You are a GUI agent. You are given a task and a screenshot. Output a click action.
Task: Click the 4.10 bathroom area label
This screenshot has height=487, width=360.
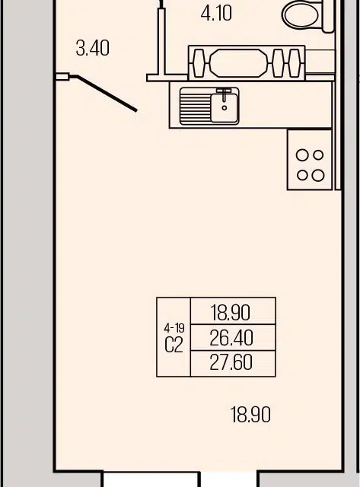[x=216, y=14]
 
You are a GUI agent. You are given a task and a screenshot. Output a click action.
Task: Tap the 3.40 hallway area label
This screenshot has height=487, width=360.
[x=93, y=49]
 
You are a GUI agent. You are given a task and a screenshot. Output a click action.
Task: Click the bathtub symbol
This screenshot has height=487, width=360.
[x=247, y=63]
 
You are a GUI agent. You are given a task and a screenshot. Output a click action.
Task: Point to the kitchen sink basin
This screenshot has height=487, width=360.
[x=225, y=107]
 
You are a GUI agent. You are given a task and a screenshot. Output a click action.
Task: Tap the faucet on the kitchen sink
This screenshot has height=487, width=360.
[x=225, y=94]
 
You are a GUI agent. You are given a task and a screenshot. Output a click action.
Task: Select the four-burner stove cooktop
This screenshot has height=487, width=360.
[x=310, y=160]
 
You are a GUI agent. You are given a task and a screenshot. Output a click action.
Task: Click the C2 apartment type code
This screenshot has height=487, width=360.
[x=174, y=345]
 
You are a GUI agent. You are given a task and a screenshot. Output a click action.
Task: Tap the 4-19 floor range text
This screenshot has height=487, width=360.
[x=174, y=328]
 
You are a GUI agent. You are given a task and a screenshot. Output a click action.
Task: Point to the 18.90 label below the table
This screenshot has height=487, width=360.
[x=250, y=415]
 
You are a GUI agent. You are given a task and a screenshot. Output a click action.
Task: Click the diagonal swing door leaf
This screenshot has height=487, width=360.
[x=107, y=93]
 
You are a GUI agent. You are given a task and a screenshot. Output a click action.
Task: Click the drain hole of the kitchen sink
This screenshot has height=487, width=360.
[x=225, y=108]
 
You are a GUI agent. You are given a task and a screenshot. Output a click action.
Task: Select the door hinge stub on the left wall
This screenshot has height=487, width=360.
[x=62, y=76]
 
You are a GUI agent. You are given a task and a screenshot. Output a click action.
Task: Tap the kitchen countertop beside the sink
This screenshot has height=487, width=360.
[x=284, y=105]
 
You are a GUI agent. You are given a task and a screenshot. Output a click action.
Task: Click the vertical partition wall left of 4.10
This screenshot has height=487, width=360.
[x=161, y=41]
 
